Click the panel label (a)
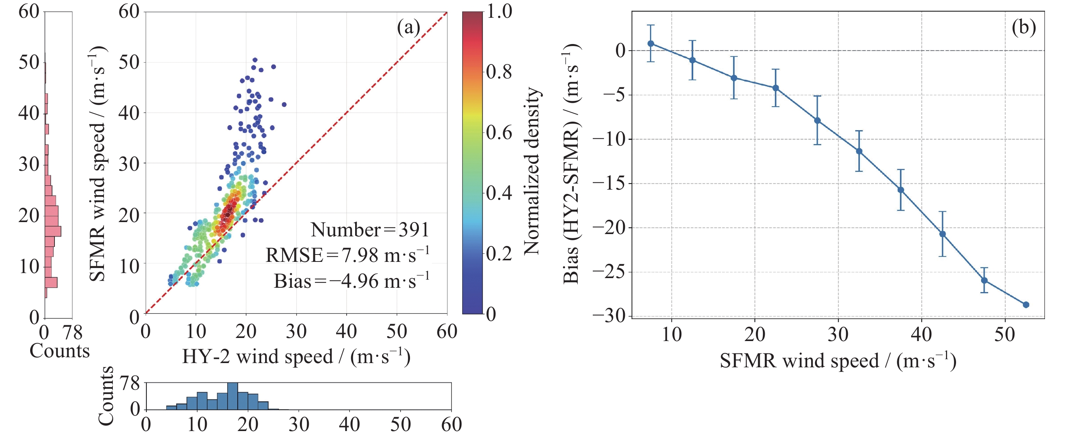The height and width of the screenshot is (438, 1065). (x=408, y=28)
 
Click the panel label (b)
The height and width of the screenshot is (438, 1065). (x=1023, y=28)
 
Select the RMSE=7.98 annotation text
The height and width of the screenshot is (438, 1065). (x=347, y=255)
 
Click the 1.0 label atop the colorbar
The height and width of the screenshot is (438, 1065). (x=499, y=11)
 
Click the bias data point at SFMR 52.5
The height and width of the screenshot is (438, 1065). (x=1026, y=305)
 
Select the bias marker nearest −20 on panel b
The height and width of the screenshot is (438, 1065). (x=943, y=234)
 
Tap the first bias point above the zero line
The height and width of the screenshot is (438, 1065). (x=651, y=43)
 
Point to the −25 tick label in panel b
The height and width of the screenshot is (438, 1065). (x=609, y=272)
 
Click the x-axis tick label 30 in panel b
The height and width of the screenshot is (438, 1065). (x=838, y=334)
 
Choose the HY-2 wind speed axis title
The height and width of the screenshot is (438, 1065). (x=296, y=357)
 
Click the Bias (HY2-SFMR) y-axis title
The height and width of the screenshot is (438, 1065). (x=572, y=163)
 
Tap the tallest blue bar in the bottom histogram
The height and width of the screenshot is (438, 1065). (x=233, y=396)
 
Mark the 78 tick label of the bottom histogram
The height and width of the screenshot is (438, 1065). (x=130, y=384)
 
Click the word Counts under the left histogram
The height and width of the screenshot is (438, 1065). (x=60, y=351)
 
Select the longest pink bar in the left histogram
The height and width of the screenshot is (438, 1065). (x=53, y=231)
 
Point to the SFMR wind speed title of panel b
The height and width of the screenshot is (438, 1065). (x=838, y=361)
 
